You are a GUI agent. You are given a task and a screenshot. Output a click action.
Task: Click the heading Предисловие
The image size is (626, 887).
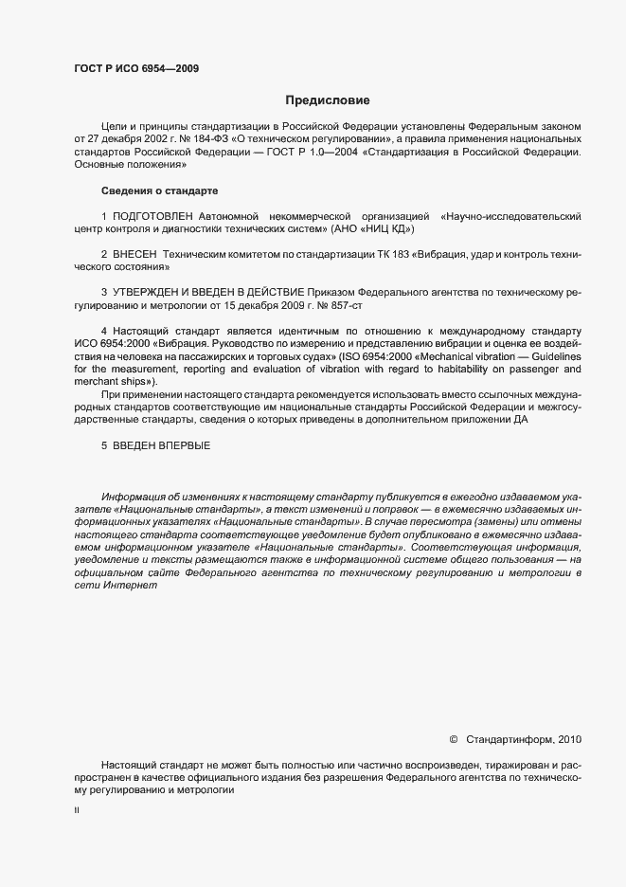(x=328, y=100)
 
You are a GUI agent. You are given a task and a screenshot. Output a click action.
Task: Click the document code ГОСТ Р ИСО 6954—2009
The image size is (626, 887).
(x=136, y=68)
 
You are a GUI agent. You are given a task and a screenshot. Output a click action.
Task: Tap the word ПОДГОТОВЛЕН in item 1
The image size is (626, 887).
(x=150, y=217)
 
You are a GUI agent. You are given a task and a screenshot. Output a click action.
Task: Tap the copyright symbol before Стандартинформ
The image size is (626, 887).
(x=453, y=738)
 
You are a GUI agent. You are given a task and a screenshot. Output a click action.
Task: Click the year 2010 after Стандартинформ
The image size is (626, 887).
(x=571, y=738)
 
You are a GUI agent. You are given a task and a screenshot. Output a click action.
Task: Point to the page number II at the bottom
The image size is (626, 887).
(x=77, y=812)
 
